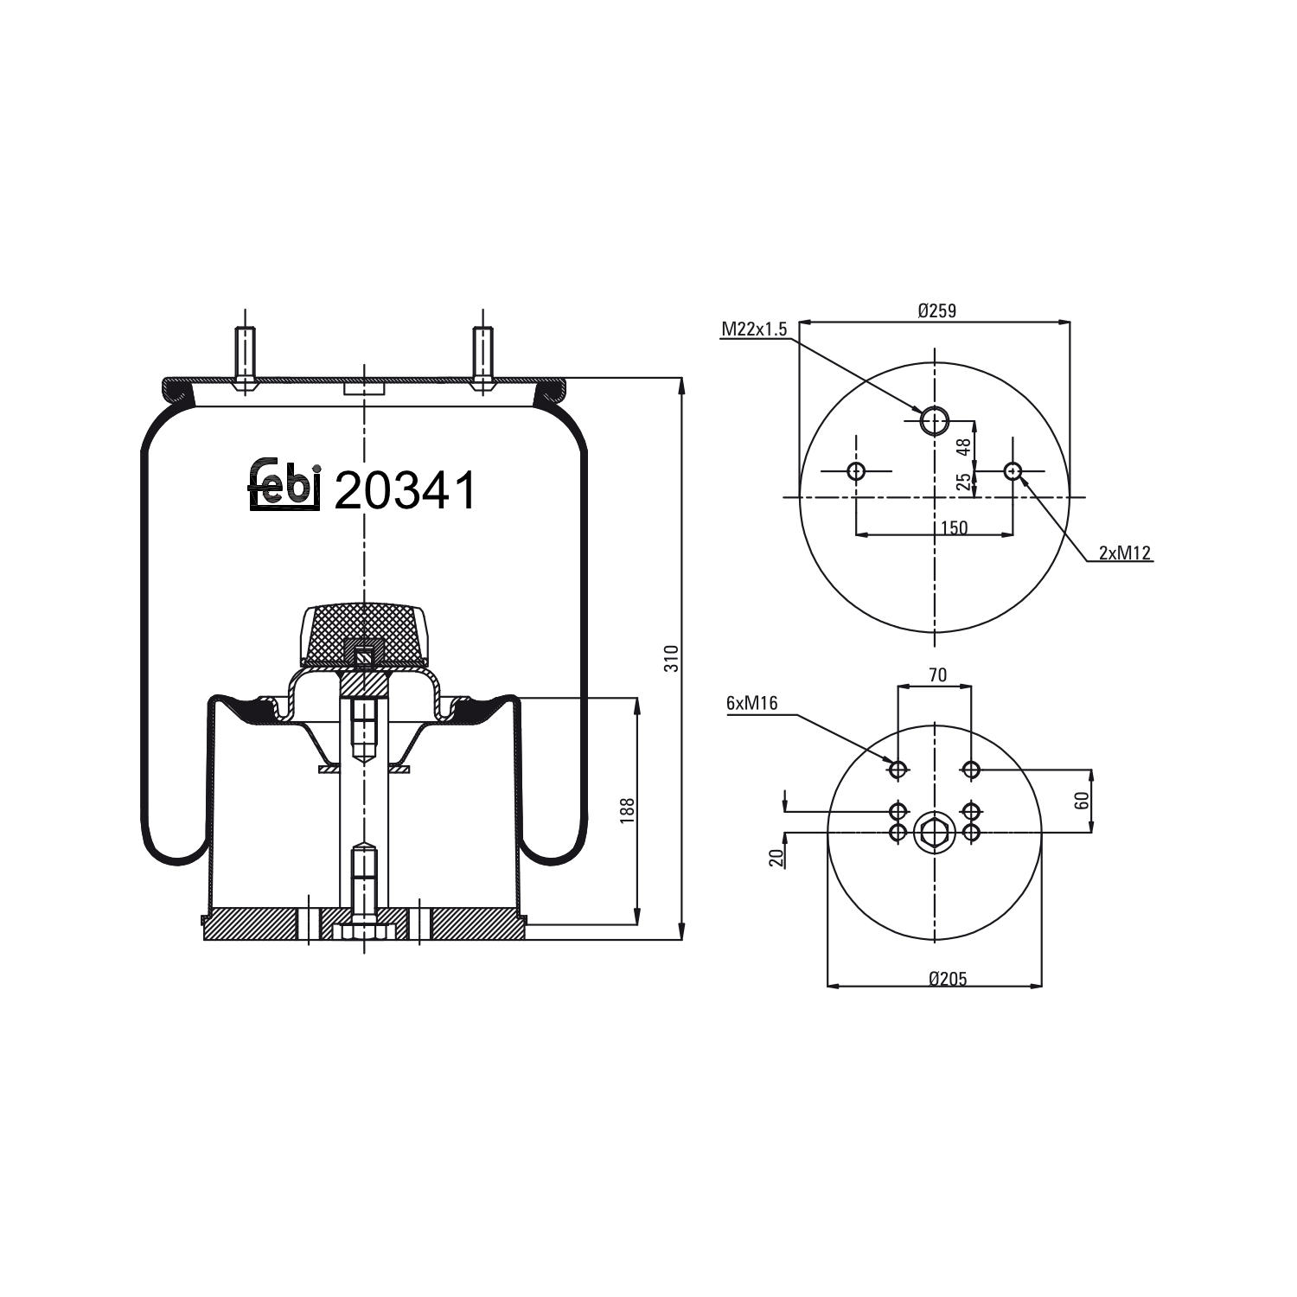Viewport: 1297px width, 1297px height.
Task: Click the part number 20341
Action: coord(405,491)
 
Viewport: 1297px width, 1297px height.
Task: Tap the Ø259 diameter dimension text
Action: coord(936,310)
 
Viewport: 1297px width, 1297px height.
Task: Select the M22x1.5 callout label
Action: coord(754,329)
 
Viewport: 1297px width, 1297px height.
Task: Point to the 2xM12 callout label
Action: coord(1125,553)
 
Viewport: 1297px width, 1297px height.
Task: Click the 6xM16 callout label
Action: coord(751,704)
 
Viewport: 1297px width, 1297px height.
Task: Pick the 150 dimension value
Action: coord(953,527)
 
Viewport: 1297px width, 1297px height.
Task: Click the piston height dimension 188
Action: coord(628,810)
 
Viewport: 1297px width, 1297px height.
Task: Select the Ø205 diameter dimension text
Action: coord(948,980)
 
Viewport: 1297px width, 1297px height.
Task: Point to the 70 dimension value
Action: coord(937,675)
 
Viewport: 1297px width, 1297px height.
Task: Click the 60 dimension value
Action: coord(1082,801)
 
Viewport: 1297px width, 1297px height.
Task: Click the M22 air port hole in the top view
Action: coord(934,421)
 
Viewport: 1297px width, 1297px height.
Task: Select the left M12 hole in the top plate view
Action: coord(856,471)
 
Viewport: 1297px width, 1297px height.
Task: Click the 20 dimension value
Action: coord(776,856)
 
